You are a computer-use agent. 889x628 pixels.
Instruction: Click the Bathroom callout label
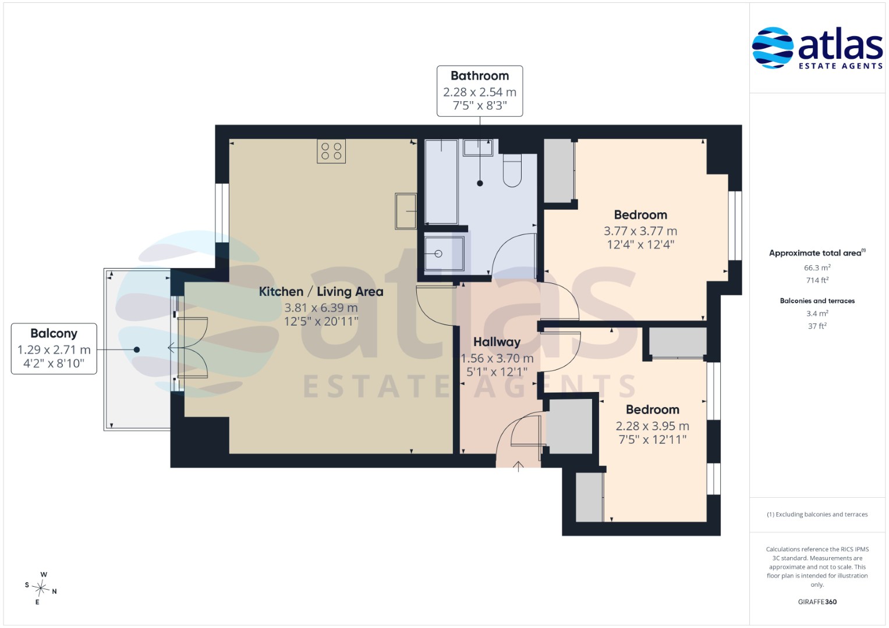tap(479, 91)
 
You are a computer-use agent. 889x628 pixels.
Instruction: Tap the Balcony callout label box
tap(54, 348)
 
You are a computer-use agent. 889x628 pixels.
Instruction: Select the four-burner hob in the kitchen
tap(331, 151)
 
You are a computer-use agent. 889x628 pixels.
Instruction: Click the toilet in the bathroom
tap(512, 170)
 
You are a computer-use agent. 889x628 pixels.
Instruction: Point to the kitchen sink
tap(406, 211)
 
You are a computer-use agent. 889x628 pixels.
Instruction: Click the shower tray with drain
tap(444, 254)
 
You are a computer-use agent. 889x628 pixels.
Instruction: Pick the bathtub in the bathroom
tap(441, 181)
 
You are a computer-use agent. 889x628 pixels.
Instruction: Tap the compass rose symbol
tap(41, 588)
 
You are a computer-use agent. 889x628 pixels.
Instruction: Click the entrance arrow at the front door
tap(518, 466)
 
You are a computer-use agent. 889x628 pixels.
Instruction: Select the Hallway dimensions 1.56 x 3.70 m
tap(497, 358)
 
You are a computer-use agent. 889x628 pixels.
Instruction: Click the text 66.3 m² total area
tap(817, 267)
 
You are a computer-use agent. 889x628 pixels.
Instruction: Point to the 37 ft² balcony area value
tap(817, 326)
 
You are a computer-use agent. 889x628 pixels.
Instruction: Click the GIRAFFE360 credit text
tap(817, 601)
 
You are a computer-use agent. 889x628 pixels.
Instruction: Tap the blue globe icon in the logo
tap(773, 48)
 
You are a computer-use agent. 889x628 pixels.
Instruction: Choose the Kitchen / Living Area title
tap(321, 292)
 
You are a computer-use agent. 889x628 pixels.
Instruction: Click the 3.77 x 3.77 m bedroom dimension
tap(640, 231)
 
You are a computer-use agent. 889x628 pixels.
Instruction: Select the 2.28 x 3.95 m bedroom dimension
tap(653, 426)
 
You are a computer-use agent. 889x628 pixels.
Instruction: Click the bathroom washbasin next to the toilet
tap(478, 148)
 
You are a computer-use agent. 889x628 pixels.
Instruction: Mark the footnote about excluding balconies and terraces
tap(817, 514)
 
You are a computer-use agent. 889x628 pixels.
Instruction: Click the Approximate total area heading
tap(817, 253)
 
